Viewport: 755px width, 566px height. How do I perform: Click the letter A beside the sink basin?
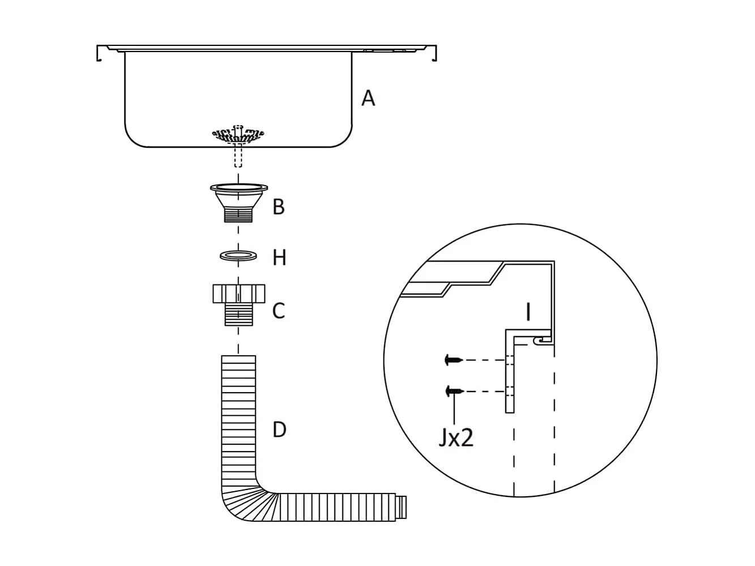click(368, 98)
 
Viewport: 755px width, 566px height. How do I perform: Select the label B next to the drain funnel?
click(278, 207)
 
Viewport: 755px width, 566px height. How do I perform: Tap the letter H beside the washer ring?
click(279, 258)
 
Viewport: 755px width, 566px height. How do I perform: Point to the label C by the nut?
click(278, 310)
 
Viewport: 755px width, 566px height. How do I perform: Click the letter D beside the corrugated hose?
click(279, 429)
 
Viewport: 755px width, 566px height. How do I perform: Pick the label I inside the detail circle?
click(528, 312)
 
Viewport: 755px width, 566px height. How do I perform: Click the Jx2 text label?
click(455, 438)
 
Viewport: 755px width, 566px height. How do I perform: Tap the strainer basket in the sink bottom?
click(238, 135)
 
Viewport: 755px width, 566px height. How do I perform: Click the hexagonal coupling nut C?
click(238, 294)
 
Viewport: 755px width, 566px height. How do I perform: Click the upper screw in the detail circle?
click(454, 359)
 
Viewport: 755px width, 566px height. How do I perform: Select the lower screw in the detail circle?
click(454, 391)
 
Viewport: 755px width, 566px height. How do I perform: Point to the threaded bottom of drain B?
click(238, 215)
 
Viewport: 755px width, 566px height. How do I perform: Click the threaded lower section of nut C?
click(238, 314)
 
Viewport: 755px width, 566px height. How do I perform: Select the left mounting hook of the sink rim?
click(99, 53)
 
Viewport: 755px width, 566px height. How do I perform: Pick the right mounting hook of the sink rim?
click(434, 53)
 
